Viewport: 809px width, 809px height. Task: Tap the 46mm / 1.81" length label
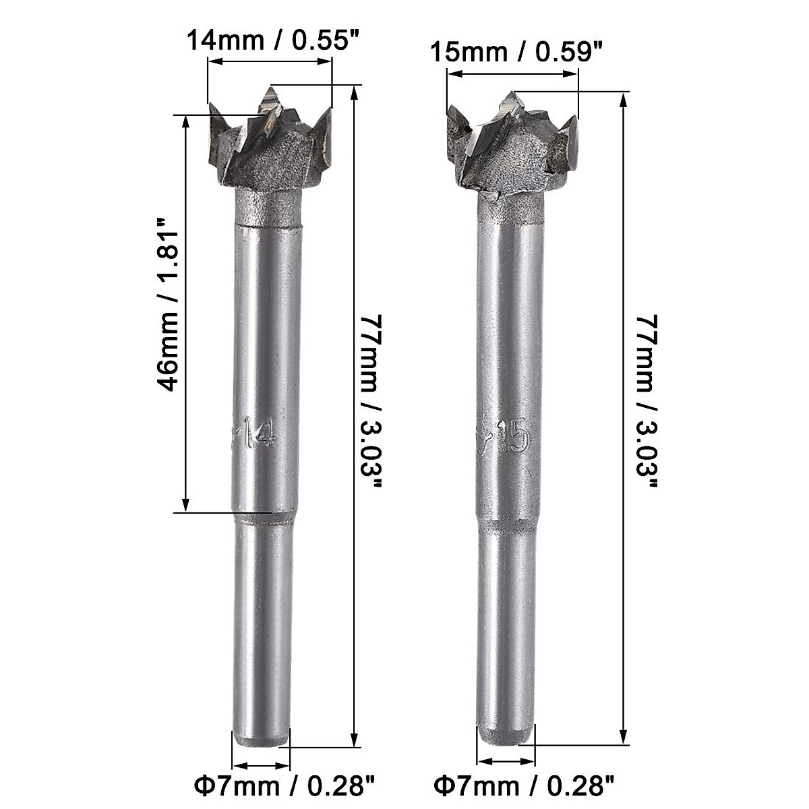(167, 311)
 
